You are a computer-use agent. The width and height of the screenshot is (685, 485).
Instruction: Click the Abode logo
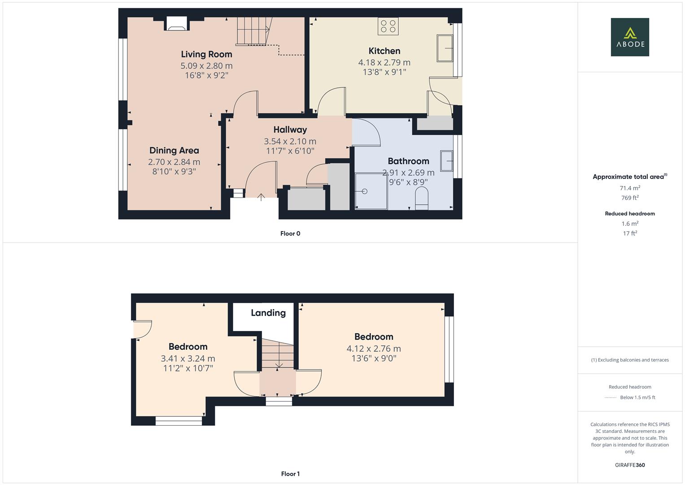[x=629, y=37]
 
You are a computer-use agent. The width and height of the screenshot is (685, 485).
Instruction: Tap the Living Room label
[x=206, y=54]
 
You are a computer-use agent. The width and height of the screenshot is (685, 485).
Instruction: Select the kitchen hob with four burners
[x=388, y=26]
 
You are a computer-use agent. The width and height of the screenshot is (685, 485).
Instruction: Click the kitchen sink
[x=445, y=48]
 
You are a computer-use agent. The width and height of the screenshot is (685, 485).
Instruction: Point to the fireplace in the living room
[x=176, y=23]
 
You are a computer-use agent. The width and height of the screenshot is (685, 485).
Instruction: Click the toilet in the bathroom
[x=422, y=198]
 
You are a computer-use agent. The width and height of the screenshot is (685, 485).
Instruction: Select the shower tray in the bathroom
[x=371, y=191]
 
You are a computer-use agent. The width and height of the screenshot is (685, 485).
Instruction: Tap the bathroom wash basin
[x=446, y=161]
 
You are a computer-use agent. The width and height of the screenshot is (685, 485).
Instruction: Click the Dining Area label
[x=174, y=151]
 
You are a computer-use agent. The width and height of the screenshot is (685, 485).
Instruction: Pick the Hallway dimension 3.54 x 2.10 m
[x=290, y=141]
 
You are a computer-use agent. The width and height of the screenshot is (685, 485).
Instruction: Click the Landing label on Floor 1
[x=268, y=313]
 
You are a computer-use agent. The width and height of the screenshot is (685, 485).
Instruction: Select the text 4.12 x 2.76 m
[x=373, y=348]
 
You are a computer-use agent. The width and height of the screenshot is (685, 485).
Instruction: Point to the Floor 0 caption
[x=290, y=234]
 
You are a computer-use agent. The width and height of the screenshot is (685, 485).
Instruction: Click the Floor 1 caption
[x=290, y=474]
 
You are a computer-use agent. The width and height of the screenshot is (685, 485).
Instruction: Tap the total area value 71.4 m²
[x=629, y=188]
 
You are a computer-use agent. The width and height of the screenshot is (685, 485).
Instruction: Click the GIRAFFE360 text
[x=629, y=465]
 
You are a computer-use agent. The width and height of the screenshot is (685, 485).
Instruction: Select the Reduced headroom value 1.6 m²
[x=629, y=224]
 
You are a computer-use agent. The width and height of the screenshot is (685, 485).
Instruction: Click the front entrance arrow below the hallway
[x=261, y=197]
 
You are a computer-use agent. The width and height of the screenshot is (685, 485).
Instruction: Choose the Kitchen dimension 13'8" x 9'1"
[x=384, y=72]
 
